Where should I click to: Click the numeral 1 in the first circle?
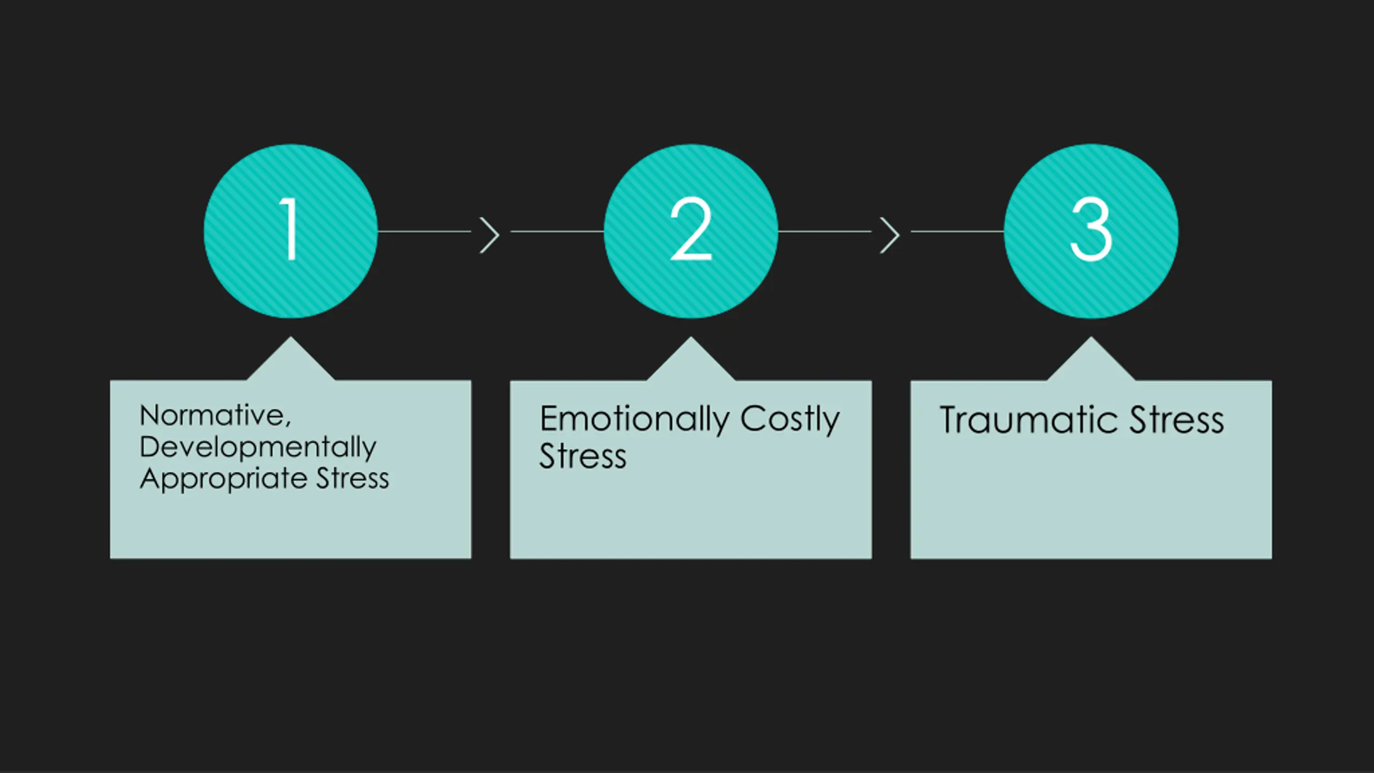tap(290, 229)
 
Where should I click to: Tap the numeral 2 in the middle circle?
tap(691, 229)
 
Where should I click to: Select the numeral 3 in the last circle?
tap(1091, 229)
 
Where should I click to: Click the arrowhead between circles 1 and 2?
tap(489, 235)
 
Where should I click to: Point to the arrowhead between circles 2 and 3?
tap(890, 235)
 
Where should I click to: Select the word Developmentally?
tap(258, 447)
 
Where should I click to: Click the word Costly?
tap(790, 419)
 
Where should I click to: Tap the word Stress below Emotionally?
tap(583, 457)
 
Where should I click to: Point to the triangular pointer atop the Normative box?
tap(290, 362)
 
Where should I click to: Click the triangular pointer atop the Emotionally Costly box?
tap(691, 362)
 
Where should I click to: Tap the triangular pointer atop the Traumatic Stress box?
tap(1091, 362)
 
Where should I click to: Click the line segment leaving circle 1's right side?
tap(424, 231)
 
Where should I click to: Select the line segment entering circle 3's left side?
tap(958, 231)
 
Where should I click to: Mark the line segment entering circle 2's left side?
tap(557, 231)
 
